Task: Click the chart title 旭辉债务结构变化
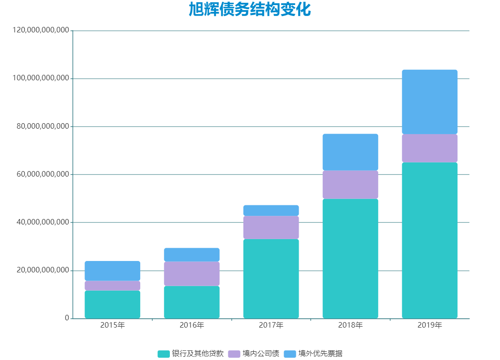coord(249,10)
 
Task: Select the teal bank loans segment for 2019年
coord(429,240)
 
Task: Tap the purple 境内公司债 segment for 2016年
coord(192,274)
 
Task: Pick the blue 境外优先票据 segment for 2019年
coord(429,102)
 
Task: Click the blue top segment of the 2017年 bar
coord(271,210)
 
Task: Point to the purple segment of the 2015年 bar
coord(112,286)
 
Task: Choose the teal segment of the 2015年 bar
coord(112,304)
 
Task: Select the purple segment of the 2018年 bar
coord(350,184)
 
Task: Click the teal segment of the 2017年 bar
coord(271,278)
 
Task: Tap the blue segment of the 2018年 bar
coord(350,152)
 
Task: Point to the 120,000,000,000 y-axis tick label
coord(41,30)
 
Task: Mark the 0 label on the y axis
coord(67,318)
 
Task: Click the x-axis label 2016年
coord(192,325)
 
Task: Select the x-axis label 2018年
coord(350,325)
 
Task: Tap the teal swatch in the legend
coord(163,354)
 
